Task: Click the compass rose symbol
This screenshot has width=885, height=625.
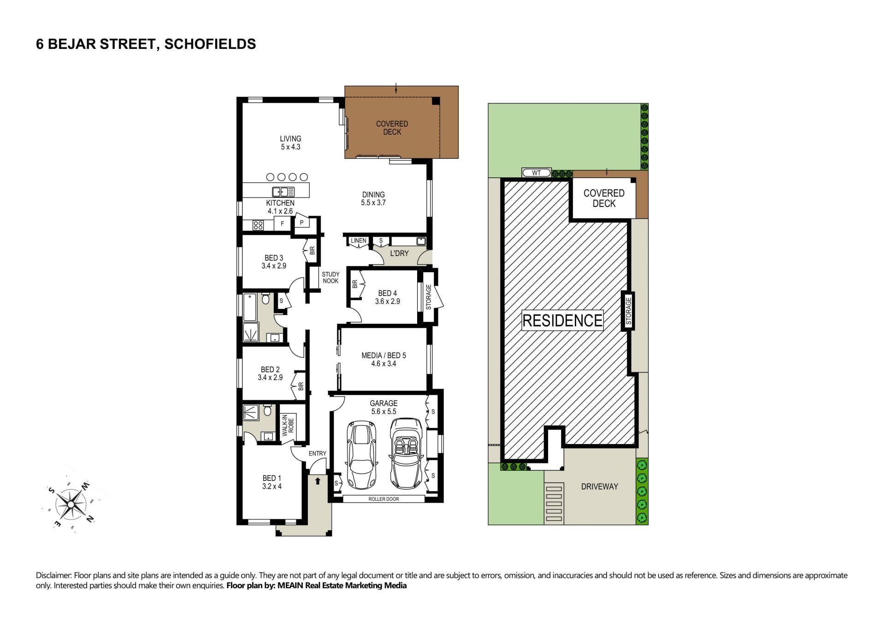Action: click(71, 505)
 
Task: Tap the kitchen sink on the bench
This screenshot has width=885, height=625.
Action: click(283, 192)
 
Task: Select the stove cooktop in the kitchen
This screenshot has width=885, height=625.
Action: click(258, 225)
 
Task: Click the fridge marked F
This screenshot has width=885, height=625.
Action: click(282, 224)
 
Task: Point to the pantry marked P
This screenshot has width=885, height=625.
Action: click(302, 222)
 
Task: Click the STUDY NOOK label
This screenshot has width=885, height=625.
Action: click(330, 278)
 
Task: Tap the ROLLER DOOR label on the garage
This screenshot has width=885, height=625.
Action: click(383, 499)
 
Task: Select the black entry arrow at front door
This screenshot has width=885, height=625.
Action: click(317, 481)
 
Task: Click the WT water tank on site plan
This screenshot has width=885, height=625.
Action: click(537, 173)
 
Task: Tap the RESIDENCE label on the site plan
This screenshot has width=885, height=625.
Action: click(562, 320)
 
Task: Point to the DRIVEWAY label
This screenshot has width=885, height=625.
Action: click(599, 486)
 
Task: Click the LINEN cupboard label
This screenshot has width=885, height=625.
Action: click(359, 240)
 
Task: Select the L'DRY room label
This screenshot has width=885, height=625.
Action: click(399, 253)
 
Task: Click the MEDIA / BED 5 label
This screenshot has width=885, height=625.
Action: click(383, 356)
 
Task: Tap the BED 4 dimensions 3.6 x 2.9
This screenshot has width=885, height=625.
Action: click(388, 301)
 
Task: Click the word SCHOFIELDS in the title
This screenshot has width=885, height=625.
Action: click(210, 44)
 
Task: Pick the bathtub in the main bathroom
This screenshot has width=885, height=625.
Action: click(250, 307)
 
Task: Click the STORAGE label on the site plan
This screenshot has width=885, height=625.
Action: click(628, 311)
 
